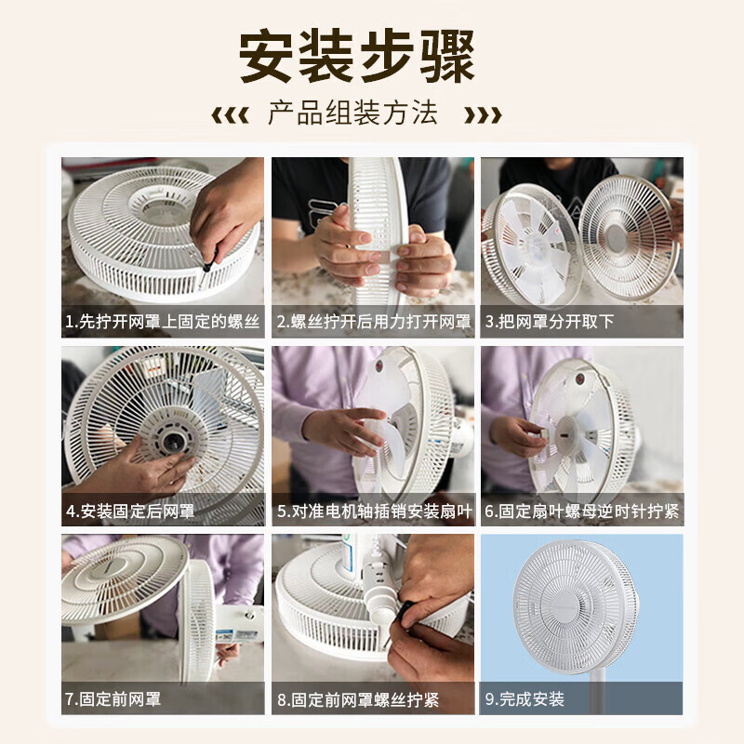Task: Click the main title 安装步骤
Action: [x=357, y=57]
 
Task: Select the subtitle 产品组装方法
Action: [x=352, y=114]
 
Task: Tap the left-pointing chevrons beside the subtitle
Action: [x=230, y=115]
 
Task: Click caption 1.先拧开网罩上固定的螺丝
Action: [x=163, y=323]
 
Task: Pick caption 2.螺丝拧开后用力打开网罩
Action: [x=373, y=323]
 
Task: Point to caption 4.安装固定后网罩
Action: [x=130, y=511]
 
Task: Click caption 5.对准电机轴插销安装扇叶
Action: [x=373, y=511]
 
